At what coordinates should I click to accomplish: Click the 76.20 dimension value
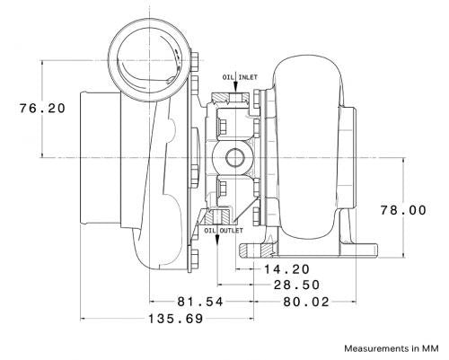[x=42, y=108]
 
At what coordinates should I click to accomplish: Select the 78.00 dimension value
[x=403, y=210]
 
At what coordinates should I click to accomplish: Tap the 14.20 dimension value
[x=286, y=269]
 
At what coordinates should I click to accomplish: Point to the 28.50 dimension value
[x=297, y=285]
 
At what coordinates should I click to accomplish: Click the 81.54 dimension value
[x=200, y=302]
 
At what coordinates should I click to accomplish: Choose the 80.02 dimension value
[x=306, y=302]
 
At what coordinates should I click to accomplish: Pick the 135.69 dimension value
[x=176, y=319]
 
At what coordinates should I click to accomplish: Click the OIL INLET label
[x=240, y=77]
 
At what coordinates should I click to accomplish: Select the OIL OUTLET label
[x=224, y=231]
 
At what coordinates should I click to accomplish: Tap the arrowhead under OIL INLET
[x=235, y=87]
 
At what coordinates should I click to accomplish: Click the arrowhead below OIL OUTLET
[x=217, y=240]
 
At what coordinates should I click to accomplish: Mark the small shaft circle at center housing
[x=235, y=158]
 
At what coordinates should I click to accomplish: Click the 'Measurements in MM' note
[x=392, y=348]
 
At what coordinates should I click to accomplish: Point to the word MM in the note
[x=430, y=348]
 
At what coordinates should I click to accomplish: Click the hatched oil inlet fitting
[x=231, y=99]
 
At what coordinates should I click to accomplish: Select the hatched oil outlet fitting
[x=217, y=217]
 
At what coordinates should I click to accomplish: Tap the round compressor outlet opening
[x=149, y=60]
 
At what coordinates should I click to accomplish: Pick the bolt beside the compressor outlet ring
[x=195, y=60]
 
